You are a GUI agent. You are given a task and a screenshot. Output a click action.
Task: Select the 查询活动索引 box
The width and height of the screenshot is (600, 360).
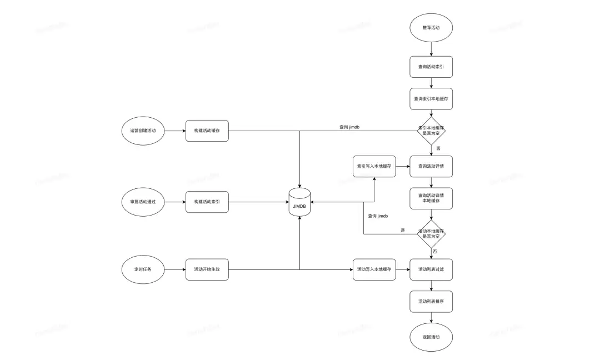tap(431, 67)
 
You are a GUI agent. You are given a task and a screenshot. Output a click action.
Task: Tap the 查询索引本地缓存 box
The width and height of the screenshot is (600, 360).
tap(431, 98)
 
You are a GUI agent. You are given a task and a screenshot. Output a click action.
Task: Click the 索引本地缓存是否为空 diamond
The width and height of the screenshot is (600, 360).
tap(431, 131)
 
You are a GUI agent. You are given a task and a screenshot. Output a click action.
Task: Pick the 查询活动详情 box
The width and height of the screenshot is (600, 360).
tap(431, 166)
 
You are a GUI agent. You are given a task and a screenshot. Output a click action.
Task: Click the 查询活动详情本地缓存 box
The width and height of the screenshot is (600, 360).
tap(431, 198)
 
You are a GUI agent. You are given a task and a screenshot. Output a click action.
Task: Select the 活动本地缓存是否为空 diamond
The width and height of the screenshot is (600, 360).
tap(431, 234)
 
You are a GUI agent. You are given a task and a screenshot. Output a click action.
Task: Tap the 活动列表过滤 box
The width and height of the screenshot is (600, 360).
tap(431, 269)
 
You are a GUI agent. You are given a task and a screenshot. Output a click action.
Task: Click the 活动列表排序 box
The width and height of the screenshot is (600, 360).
tap(431, 301)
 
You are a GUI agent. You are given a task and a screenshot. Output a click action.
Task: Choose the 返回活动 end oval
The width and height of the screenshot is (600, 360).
tap(431, 337)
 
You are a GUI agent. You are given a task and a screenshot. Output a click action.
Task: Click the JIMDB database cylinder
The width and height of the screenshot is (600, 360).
tap(299, 202)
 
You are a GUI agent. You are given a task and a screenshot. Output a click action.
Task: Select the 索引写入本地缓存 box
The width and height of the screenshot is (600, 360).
tap(374, 166)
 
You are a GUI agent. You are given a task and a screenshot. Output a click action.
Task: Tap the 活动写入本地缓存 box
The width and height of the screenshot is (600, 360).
tap(374, 269)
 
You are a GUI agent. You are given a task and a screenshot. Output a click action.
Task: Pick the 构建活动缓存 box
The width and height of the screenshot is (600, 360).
tap(207, 131)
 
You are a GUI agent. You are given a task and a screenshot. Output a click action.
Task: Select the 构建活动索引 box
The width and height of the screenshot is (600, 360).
tap(207, 201)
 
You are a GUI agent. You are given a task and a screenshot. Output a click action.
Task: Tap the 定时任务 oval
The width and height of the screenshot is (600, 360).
tap(143, 269)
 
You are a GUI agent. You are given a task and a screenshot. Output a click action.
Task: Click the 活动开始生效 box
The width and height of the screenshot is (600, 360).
tap(207, 269)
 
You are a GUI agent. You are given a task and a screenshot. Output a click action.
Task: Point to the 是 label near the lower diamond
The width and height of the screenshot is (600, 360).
tap(403, 229)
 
